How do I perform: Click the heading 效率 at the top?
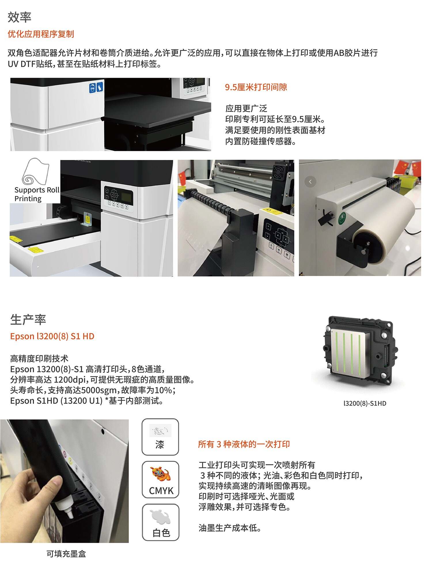click(19, 17)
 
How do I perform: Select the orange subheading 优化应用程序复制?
click(41, 34)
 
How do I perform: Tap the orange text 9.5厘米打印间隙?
click(256, 87)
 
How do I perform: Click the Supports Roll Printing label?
click(37, 194)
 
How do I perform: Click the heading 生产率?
click(28, 320)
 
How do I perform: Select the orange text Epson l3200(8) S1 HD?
click(52, 336)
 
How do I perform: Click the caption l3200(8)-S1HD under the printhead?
click(365, 403)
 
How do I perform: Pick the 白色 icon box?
click(160, 522)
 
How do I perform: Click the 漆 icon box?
click(160, 437)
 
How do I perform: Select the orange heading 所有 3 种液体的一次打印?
click(244, 444)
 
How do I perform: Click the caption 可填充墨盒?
click(66, 554)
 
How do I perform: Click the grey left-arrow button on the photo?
click(310, 182)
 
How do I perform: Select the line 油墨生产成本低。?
click(230, 528)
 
